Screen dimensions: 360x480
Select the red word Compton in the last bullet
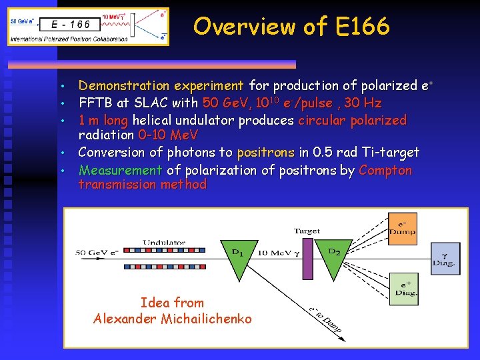click(385, 170)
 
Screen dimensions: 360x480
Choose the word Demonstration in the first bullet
click(127, 85)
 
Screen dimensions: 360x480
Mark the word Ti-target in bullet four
click(393, 153)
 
